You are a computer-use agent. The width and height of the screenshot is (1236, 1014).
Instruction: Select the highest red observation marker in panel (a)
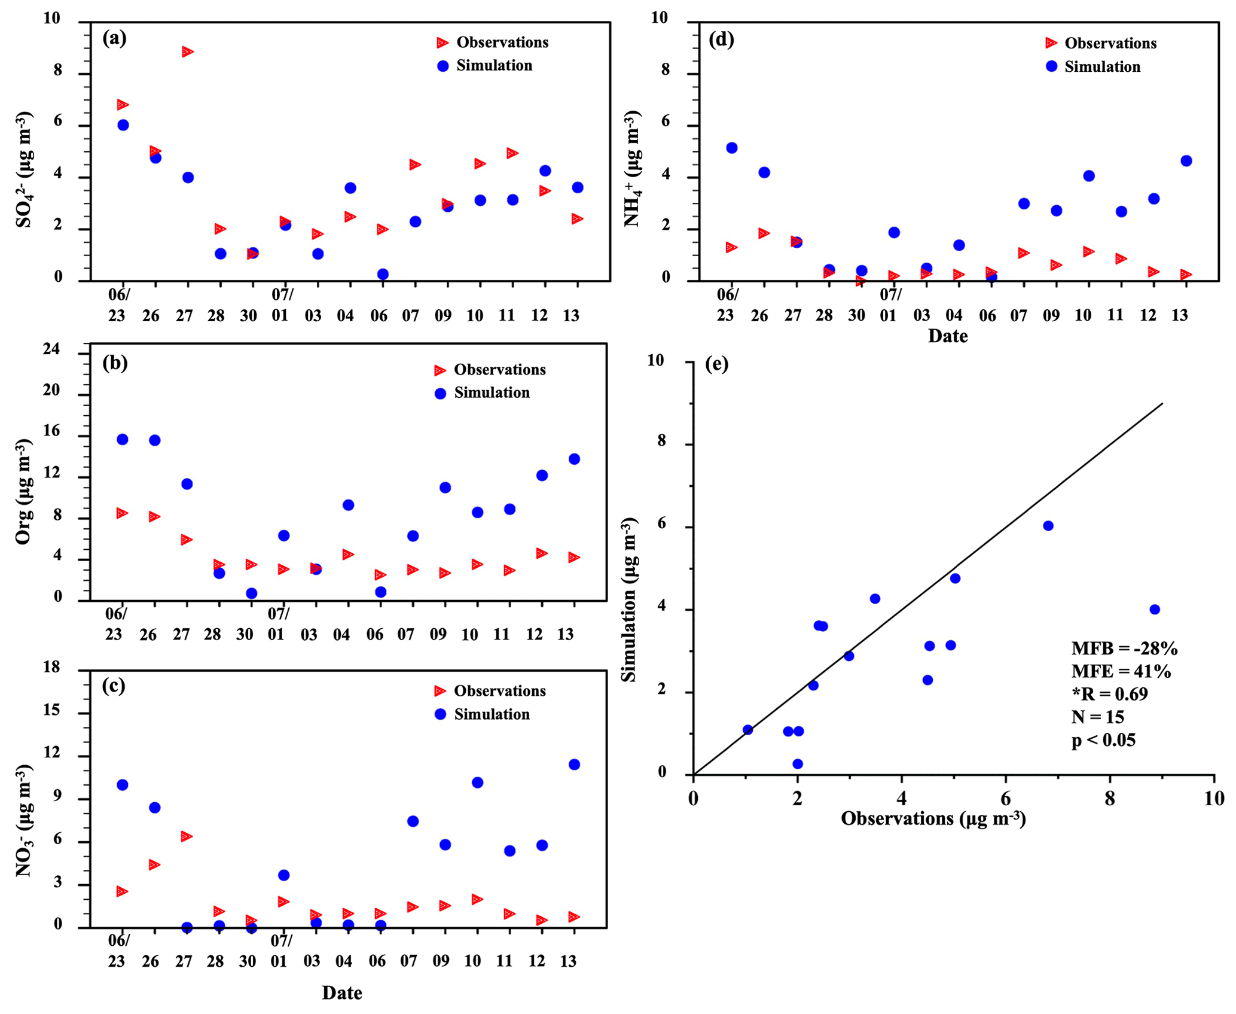coord(188,52)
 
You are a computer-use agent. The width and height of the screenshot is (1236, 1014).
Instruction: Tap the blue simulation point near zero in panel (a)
coord(383,274)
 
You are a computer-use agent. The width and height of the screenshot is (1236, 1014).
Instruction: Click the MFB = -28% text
coord(1124,648)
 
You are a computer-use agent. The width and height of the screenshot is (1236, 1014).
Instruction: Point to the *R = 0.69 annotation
coord(1109,693)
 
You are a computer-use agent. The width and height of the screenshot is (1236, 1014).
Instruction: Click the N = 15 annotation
coord(1097,716)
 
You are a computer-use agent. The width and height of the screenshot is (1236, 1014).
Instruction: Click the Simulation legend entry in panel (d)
coord(1102,66)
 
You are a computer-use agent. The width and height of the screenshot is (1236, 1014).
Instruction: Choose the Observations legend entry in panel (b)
coord(499,370)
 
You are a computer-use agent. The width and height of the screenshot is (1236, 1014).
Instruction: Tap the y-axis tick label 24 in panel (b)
coord(52,349)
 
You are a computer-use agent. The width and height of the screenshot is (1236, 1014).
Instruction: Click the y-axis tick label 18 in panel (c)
coord(52,667)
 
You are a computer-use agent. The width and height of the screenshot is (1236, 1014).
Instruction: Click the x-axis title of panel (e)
coord(933,818)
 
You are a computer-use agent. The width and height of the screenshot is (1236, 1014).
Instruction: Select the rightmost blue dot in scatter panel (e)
coord(1155,610)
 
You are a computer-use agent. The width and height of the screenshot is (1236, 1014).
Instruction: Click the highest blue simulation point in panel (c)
coord(574,765)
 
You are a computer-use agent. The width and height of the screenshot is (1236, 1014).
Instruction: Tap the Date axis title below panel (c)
coord(342,993)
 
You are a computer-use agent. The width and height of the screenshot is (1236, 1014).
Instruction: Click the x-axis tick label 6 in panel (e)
coord(1006,799)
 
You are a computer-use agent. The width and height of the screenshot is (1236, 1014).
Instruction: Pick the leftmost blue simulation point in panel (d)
coord(732,148)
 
